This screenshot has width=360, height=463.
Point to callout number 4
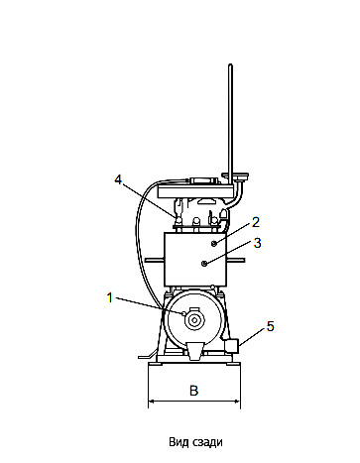coord(118,179)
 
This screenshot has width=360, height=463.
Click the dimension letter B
coord(194,392)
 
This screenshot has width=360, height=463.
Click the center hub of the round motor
coord(194,320)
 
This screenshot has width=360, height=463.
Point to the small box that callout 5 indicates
coord(234,346)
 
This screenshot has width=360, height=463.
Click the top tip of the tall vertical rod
coord(230,66)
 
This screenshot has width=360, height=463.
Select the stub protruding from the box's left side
coord(155,260)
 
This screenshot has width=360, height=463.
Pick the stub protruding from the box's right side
coord(238,260)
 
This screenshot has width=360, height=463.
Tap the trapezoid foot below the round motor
coord(194,348)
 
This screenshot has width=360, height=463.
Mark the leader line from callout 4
coord(149,198)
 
